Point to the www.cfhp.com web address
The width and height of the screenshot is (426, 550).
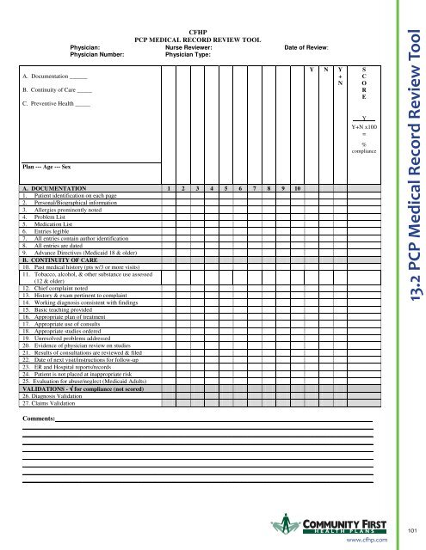pos(367,540)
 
